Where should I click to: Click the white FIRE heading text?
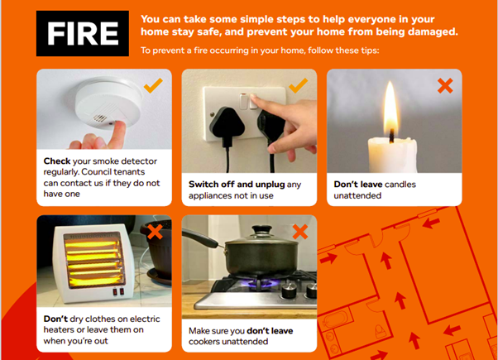(82, 34)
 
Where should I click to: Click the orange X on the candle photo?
(445, 85)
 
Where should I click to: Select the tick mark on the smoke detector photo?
(153, 85)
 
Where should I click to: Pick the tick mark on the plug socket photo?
(299, 85)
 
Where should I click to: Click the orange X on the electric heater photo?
(153, 232)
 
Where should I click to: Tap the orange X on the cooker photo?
(299, 232)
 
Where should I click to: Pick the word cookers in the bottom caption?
(211, 341)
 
